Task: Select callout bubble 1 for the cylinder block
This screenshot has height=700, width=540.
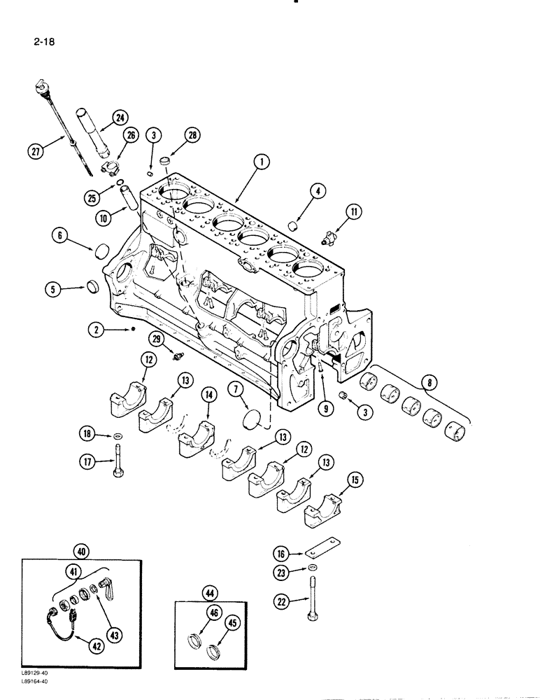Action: point(260,162)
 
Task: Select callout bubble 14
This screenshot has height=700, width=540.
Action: point(207,395)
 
